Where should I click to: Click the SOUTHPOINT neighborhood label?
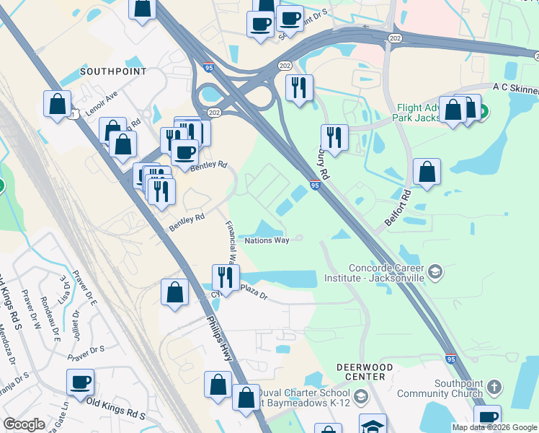pos(113,71)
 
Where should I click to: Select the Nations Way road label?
pos(267,240)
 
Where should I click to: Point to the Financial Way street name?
pos(232,242)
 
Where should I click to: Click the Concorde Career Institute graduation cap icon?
pos(435,271)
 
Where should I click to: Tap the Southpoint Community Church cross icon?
pos(494,387)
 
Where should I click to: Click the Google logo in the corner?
pos(24,424)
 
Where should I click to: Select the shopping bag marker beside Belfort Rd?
pos(427,172)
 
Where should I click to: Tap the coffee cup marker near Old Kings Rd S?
pos(80,382)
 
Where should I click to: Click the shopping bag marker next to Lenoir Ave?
pos(57,103)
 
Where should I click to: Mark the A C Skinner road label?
pos(515,87)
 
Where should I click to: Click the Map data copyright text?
pos(494,427)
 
